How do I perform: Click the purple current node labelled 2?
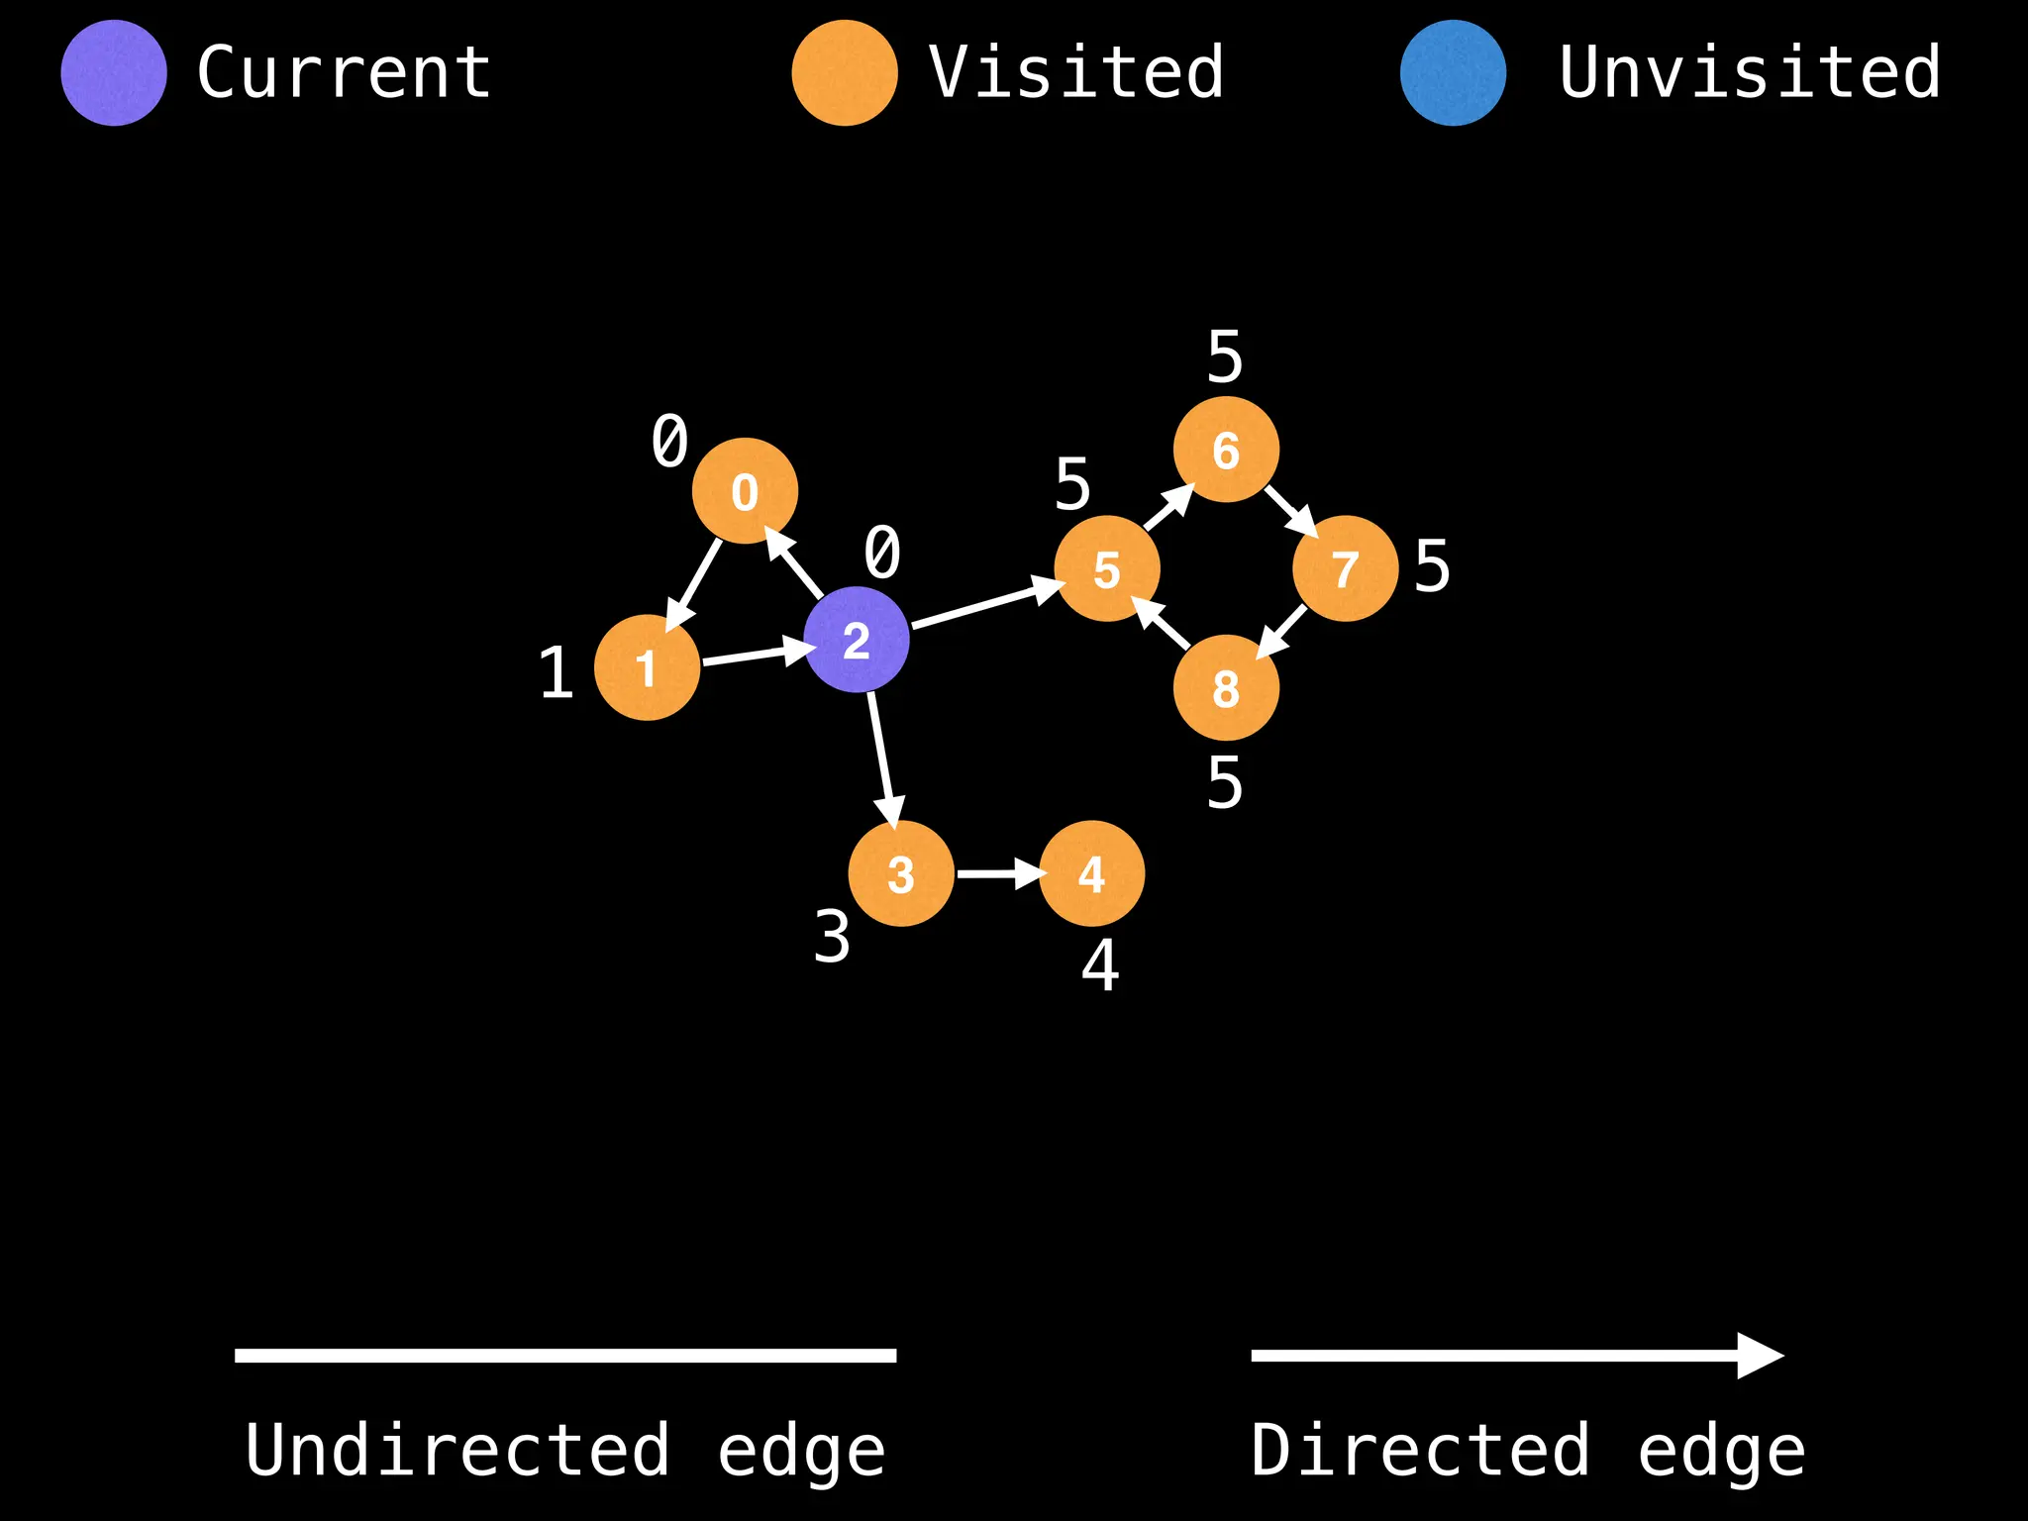[857, 640]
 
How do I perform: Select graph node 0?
[745, 491]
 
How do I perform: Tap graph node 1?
[647, 667]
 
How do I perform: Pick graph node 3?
[901, 873]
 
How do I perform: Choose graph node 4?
[1091, 873]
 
